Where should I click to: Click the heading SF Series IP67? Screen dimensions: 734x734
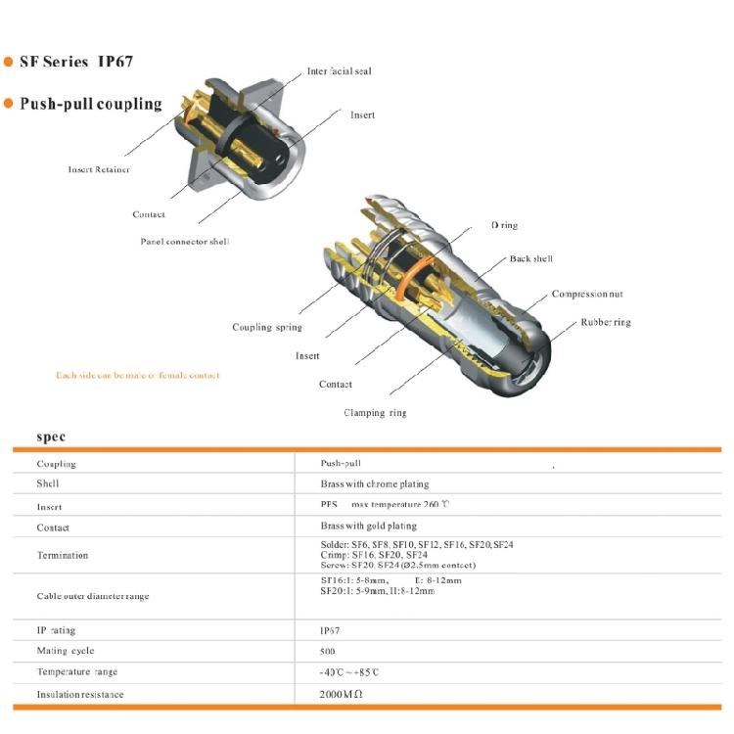[75, 62]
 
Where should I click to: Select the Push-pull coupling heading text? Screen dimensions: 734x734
[90, 104]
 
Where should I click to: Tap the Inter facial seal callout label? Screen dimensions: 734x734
[339, 71]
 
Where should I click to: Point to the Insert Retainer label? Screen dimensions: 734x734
[99, 169]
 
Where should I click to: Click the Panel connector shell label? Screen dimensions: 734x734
[184, 241]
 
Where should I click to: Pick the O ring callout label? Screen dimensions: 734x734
[504, 225]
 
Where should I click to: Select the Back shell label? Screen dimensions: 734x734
[530, 259]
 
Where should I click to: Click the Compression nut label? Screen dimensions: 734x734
[586, 295]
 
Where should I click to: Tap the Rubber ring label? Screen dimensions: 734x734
[606, 322]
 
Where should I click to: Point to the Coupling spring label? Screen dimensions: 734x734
[266, 327]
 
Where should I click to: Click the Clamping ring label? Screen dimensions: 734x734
[375, 412]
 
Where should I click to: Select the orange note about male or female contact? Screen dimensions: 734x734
[137, 376]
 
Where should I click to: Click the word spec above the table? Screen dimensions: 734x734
[51, 436]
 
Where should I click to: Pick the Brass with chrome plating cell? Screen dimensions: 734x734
[374, 484]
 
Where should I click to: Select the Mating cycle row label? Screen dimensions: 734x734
[66, 651]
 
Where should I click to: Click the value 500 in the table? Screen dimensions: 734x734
[327, 652]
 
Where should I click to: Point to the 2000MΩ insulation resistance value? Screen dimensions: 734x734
[341, 694]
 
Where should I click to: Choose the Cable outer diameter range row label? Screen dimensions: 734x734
[93, 596]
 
